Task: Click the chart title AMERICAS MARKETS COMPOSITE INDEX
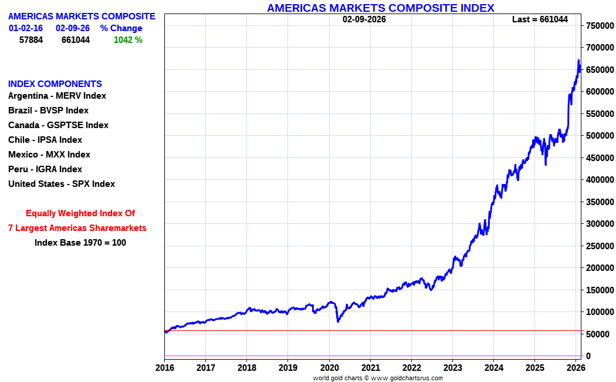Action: click(381, 8)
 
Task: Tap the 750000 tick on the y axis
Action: click(600, 26)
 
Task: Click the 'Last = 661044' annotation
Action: click(540, 19)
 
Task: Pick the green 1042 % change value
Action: click(128, 40)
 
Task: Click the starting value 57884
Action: click(31, 40)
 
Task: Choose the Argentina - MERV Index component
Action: click(57, 96)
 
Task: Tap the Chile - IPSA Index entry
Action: click(45, 140)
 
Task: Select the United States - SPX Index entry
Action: click(62, 184)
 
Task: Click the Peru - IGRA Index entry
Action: click(45, 169)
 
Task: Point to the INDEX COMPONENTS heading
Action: click(55, 84)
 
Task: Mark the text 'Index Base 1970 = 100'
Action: click(80, 243)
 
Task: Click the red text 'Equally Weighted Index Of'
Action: click(80, 213)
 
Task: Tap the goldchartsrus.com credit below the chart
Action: click(378, 378)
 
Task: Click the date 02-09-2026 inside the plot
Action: click(364, 19)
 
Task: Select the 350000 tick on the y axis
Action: click(600, 202)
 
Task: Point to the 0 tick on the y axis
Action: click(588, 356)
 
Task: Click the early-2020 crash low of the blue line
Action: click(339, 321)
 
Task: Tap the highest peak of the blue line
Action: click(578, 60)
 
